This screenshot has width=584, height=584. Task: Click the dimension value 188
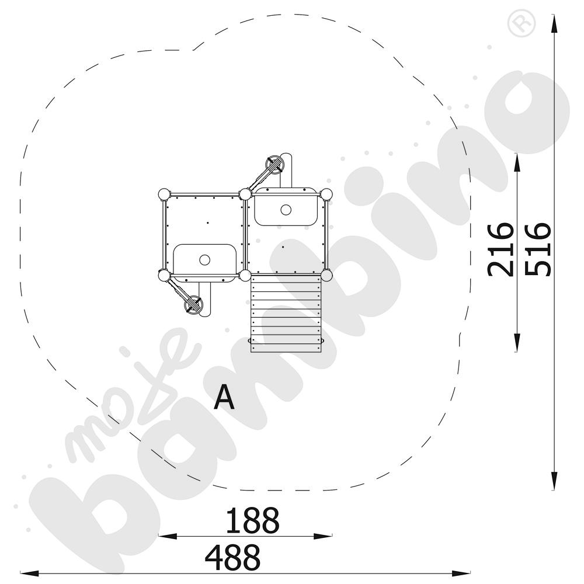252,520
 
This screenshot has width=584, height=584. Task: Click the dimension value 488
233,557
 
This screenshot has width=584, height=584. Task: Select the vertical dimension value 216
500,250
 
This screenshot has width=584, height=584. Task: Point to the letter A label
224,397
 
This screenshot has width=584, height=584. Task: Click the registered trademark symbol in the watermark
522,23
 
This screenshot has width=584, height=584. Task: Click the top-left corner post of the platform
164,194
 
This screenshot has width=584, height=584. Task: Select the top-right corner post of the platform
326,194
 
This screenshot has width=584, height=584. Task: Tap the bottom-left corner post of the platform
164,276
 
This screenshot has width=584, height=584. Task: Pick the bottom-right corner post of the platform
326,276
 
